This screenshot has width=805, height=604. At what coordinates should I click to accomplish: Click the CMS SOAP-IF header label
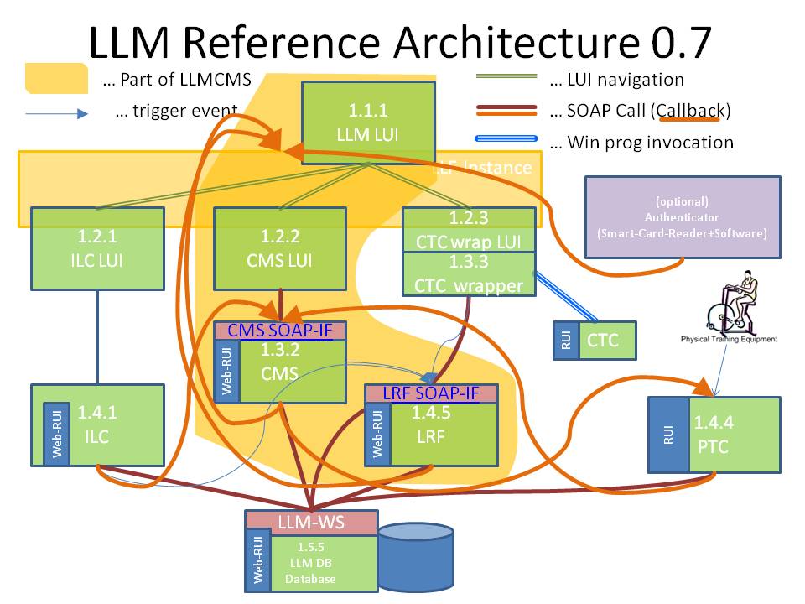tap(280, 331)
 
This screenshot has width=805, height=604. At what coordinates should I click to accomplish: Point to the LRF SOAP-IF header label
tap(431, 393)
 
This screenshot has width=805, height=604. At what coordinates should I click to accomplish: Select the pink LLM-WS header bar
tap(309, 522)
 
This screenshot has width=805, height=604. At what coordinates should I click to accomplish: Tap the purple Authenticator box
tap(683, 217)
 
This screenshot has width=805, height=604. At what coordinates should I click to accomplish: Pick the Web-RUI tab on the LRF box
tap(377, 434)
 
